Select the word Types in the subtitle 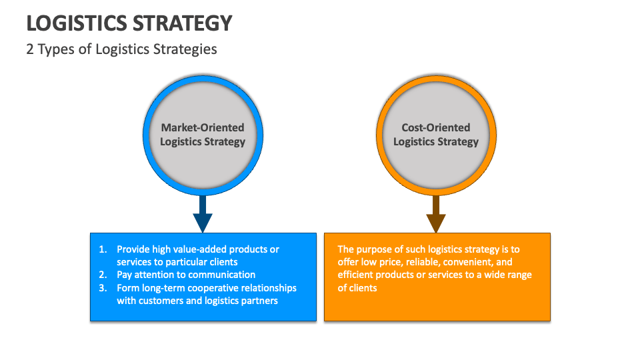[55, 49]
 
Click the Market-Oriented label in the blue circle [203, 127]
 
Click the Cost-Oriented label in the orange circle [436, 127]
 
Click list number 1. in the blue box [103, 249]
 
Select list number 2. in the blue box [103, 275]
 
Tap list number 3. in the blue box [103, 288]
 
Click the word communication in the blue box [222, 275]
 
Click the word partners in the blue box [259, 301]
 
